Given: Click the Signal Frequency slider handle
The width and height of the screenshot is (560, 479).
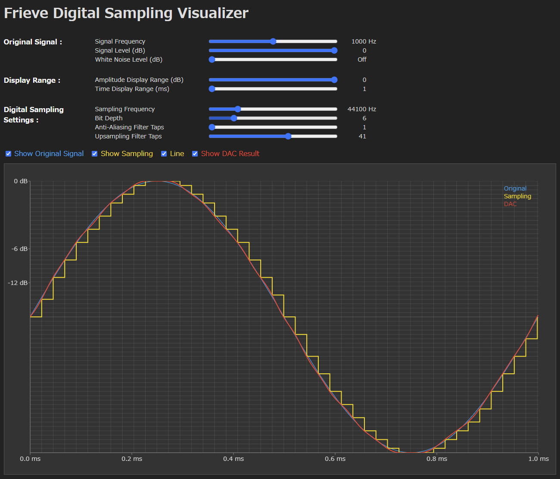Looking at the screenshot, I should (273, 41).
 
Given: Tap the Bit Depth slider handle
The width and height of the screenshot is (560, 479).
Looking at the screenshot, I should (234, 118).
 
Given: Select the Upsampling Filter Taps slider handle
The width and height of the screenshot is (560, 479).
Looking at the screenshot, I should (288, 136).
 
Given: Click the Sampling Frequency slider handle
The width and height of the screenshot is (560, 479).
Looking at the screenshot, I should (238, 109).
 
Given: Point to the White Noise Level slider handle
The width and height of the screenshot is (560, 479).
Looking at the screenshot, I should (212, 59).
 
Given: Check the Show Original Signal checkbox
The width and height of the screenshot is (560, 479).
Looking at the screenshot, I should (9, 154).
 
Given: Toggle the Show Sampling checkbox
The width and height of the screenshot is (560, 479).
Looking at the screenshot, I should (95, 154).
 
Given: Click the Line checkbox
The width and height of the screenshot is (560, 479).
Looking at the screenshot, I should (164, 154).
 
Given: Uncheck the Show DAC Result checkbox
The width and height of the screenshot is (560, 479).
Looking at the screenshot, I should (195, 154).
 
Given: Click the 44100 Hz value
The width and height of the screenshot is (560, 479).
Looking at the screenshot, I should (362, 109).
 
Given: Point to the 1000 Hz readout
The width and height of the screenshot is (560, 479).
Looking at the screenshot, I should (364, 41).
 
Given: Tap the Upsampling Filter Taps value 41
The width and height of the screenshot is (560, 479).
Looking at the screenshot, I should (362, 136).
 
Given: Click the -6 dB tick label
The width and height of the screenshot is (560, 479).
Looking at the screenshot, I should (19, 249).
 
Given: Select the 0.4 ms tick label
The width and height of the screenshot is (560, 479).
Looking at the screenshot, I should (233, 459).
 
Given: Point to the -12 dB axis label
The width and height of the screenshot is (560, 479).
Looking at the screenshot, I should (18, 283).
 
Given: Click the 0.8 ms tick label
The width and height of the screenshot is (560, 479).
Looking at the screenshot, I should (437, 459).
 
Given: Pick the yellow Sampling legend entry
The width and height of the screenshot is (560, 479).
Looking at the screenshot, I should (517, 196).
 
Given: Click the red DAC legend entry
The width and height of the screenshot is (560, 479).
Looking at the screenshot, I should (510, 204).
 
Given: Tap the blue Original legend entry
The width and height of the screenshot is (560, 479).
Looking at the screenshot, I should (515, 188).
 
